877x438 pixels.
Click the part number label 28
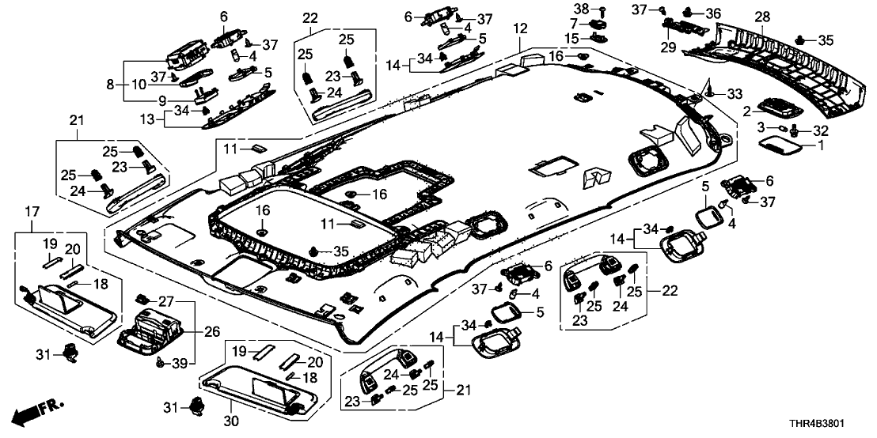[762, 17]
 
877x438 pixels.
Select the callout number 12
[519, 29]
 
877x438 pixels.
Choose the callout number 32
[820, 129]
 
